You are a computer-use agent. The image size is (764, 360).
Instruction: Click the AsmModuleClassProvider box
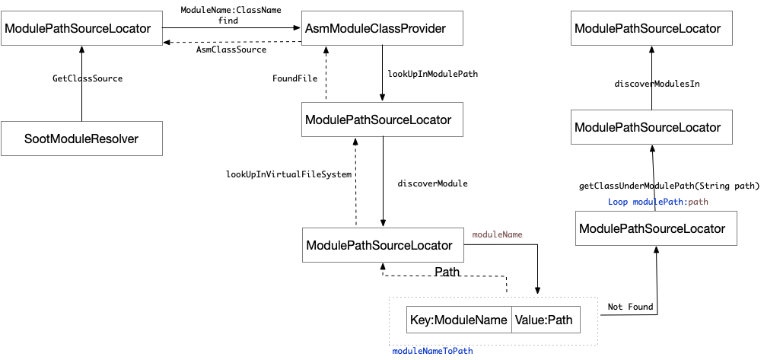pyautogui.click(x=383, y=29)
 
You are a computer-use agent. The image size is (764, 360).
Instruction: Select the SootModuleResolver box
pyautogui.click(x=81, y=139)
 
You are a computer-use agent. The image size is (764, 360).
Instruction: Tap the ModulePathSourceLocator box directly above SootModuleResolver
pyautogui.click(x=81, y=29)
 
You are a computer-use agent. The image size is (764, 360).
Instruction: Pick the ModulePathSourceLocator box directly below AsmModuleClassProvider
pyautogui.click(x=382, y=120)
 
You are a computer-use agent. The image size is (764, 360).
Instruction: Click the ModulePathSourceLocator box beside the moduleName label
pyautogui.click(x=383, y=245)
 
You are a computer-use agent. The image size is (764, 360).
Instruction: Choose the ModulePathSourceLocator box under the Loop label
pyautogui.click(x=656, y=228)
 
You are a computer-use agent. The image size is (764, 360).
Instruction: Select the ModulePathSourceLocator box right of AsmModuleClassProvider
pyautogui.click(x=651, y=29)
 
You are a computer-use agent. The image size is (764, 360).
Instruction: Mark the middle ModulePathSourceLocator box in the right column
pyautogui.click(x=651, y=127)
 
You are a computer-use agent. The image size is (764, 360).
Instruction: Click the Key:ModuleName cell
pyautogui.click(x=459, y=320)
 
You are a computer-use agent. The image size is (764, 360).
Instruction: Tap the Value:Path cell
pyautogui.click(x=545, y=320)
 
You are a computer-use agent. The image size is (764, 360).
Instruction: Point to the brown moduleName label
pyautogui.click(x=498, y=235)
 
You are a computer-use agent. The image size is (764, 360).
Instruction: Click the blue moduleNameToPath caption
pyautogui.click(x=432, y=352)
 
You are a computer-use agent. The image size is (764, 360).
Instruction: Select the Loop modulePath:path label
pyautogui.click(x=658, y=202)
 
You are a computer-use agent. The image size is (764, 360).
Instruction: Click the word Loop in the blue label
pyautogui.click(x=618, y=202)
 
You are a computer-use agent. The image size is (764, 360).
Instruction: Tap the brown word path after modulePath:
pyautogui.click(x=699, y=202)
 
